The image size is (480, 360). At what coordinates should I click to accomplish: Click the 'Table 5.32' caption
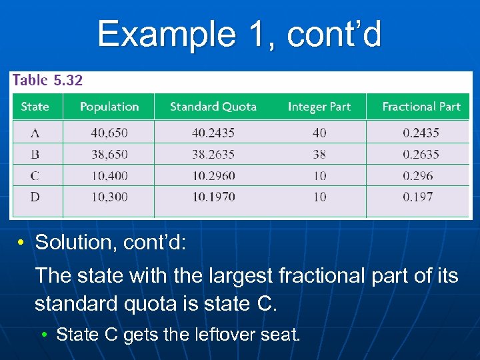click(x=47, y=81)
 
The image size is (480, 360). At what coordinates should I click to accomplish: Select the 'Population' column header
click(x=109, y=107)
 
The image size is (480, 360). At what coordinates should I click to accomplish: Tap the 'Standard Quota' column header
click(x=213, y=107)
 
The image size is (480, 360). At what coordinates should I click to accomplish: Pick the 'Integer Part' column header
click(x=319, y=107)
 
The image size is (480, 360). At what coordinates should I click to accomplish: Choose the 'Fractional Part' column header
click(x=421, y=107)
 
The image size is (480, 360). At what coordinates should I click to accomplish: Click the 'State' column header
click(x=35, y=107)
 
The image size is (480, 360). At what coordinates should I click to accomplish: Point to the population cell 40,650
click(x=109, y=133)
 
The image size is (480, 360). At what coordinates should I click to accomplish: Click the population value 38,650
click(x=109, y=154)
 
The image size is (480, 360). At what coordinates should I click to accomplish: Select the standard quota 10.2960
click(x=213, y=176)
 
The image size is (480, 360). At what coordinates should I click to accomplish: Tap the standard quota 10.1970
click(x=213, y=197)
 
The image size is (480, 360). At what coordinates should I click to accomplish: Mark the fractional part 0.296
click(x=418, y=176)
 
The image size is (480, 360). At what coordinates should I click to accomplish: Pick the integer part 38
click(x=319, y=154)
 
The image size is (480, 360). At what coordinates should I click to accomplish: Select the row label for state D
click(x=35, y=197)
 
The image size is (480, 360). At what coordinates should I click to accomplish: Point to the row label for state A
click(x=35, y=133)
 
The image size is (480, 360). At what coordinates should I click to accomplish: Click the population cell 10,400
click(x=109, y=176)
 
